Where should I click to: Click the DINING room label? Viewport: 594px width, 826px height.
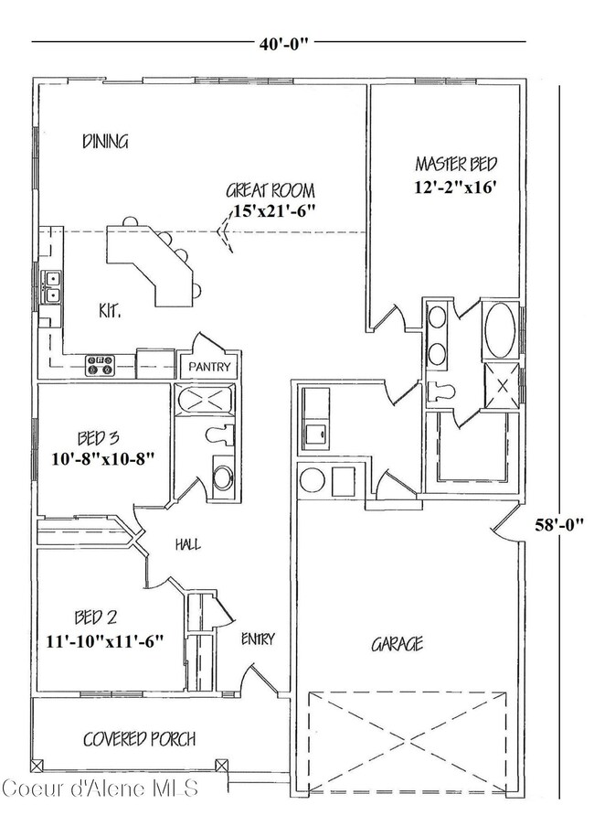coord(105,142)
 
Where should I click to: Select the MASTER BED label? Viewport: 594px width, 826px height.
coord(456,165)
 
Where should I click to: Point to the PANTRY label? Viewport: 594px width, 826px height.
coord(211,367)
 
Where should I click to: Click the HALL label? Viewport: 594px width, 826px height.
coord(187,544)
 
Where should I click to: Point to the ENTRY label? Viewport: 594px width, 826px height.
coord(258,638)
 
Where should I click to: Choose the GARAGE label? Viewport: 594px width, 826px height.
coord(397,645)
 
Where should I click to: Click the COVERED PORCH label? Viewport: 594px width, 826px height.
coord(140,738)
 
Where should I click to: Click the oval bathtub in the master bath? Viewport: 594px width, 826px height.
coord(498,330)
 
